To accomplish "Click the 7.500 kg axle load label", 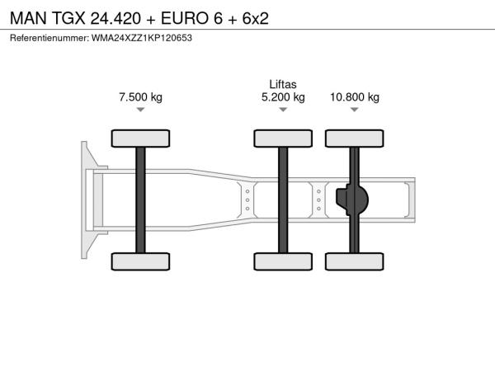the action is [x=140, y=97].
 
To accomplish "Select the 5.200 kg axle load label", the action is [x=283, y=97].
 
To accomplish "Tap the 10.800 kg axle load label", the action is [x=355, y=97].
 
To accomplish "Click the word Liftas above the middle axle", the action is [x=283, y=84].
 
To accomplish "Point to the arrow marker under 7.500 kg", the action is [x=140, y=110].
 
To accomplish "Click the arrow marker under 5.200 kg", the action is [x=283, y=110].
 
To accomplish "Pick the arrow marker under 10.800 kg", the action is [x=355, y=110].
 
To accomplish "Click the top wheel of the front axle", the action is [x=140, y=139].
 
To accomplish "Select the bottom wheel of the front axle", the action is [x=140, y=261].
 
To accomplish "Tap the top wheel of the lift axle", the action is [x=283, y=139].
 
